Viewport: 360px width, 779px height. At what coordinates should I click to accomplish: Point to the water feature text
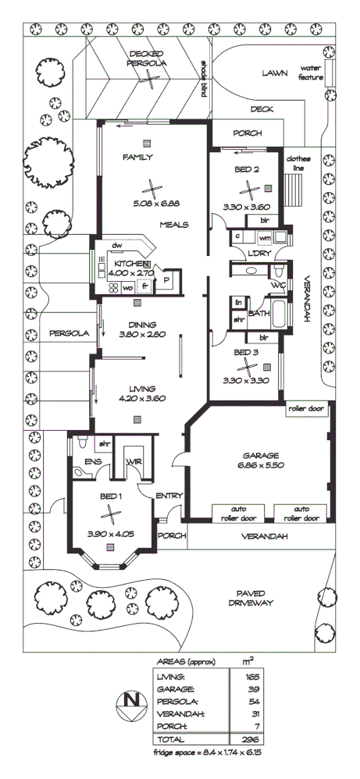pyautogui.click(x=312, y=73)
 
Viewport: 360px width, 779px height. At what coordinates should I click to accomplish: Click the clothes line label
pyautogui.click(x=298, y=162)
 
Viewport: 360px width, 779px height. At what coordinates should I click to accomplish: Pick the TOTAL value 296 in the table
pyautogui.click(x=251, y=738)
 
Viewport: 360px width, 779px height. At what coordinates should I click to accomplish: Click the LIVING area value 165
pyautogui.click(x=251, y=677)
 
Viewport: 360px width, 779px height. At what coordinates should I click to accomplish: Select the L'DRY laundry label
pyautogui.click(x=258, y=254)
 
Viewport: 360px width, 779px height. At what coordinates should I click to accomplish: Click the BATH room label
pyautogui.click(x=258, y=312)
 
